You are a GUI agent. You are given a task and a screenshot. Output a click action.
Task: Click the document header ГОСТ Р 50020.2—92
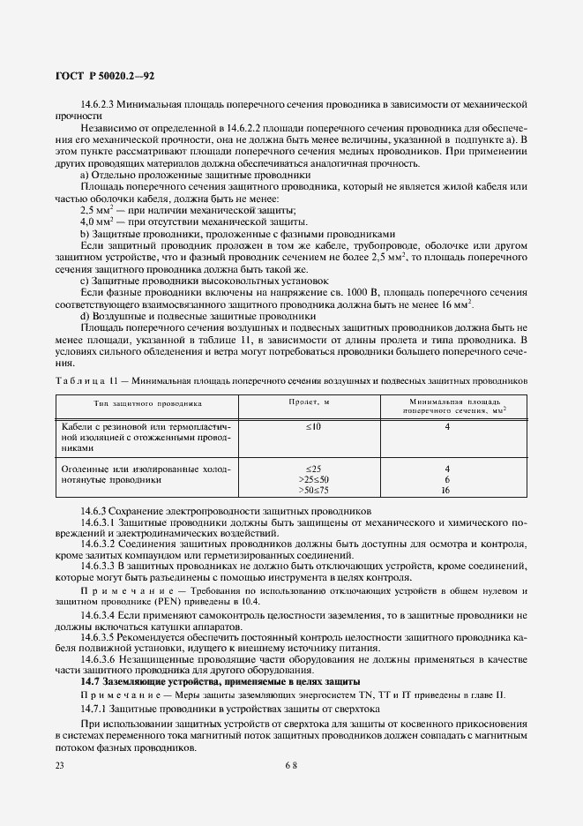tap(105, 78)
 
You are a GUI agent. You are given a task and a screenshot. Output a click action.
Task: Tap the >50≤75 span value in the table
tap(313, 490)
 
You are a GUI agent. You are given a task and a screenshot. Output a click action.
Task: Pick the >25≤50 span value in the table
tap(313, 479)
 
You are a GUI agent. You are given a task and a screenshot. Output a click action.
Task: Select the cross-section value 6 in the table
tap(447, 479)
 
